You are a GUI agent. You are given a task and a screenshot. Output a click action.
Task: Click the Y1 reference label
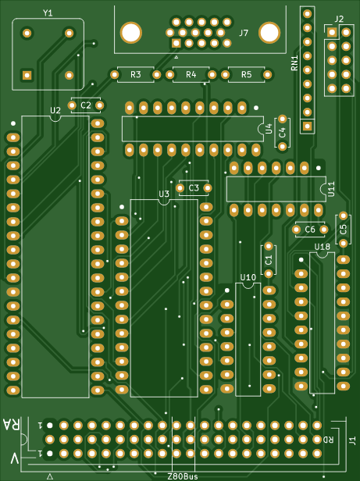[x=48, y=12]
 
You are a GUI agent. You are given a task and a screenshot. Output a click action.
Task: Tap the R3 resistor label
[x=136, y=74]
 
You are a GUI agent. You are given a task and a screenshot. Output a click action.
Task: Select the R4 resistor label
[x=191, y=74]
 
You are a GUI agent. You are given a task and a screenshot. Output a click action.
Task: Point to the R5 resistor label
[x=246, y=74]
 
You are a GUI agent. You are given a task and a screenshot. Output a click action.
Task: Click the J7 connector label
[x=244, y=33]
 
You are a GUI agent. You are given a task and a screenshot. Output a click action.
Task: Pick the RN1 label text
[x=294, y=63]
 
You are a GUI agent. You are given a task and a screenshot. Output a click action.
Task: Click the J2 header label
[x=339, y=19]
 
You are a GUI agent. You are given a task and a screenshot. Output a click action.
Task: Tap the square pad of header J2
[x=332, y=32]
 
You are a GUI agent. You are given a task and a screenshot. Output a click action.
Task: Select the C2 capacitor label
[x=86, y=105]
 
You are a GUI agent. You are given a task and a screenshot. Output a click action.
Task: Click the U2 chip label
[x=55, y=110]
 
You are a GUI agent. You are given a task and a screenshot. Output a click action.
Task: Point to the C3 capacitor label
[x=194, y=188]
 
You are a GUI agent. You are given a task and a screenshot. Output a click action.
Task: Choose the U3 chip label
[x=164, y=194]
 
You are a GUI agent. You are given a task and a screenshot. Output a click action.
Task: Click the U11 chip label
[x=331, y=189]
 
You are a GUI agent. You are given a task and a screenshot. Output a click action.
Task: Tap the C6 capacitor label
[x=310, y=230]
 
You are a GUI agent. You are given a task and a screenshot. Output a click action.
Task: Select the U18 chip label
[x=323, y=247]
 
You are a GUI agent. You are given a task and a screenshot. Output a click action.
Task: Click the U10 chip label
[x=248, y=278]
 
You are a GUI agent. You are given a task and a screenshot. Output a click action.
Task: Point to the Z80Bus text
[x=183, y=476]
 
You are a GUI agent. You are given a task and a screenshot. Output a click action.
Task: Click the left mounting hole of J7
[x=131, y=33]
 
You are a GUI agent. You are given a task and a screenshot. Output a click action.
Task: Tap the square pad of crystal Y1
[x=27, y=75]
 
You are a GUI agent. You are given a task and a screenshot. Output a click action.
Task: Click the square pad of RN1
[x=307, y=126]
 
